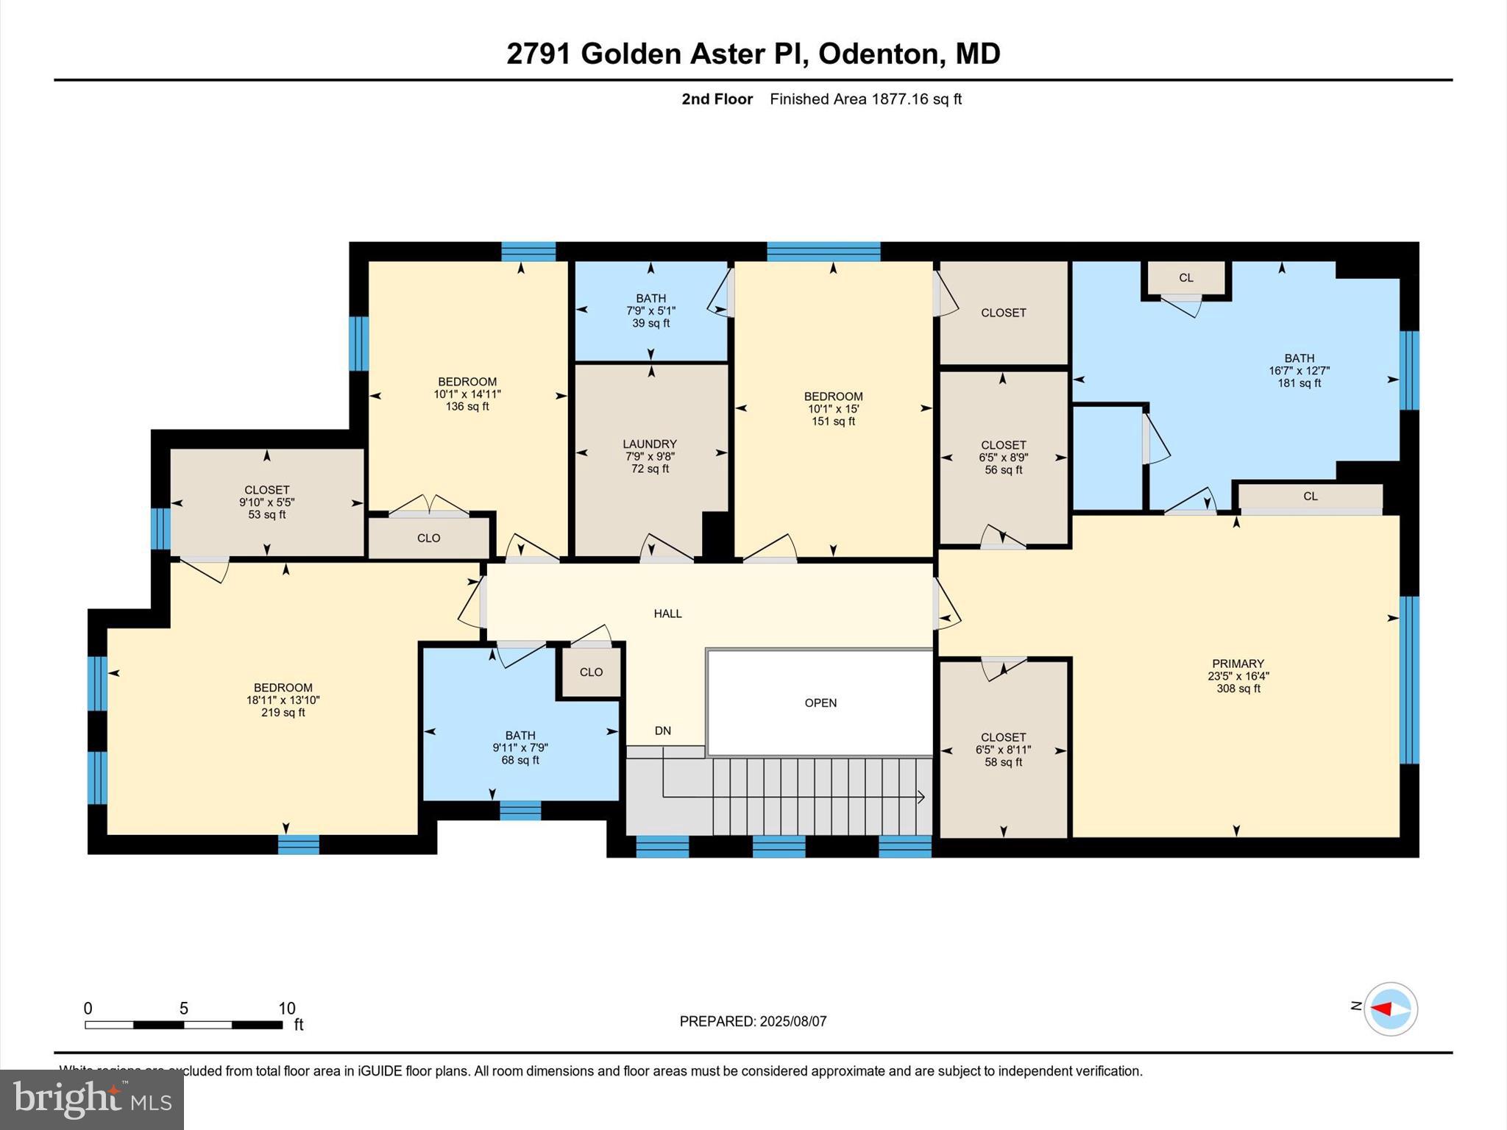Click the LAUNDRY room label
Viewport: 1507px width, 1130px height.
(649, 444)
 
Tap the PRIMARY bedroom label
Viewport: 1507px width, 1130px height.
(1238, 664)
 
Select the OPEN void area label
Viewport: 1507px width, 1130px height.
(820, 703)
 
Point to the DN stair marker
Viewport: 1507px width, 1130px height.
(662, 731)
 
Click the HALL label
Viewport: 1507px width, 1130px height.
(667, 614)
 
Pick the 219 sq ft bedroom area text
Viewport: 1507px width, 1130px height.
(283, 713)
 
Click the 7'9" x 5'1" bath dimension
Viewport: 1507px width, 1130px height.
(650, 310)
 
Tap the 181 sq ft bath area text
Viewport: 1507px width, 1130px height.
(1299, 383)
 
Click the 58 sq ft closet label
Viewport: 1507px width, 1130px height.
(1003, 762)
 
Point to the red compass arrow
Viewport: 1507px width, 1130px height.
(1383, 1009)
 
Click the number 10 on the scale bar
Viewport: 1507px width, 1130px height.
(286, 1008)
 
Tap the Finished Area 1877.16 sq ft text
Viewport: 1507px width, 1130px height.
(865, 99)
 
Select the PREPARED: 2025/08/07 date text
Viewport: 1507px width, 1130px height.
(753, 1021)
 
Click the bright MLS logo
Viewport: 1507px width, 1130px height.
(92, 1100)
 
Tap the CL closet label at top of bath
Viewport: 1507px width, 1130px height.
(1185, 278)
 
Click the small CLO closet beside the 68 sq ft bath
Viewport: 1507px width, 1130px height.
(591, 672)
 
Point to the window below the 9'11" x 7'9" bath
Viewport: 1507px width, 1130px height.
(520, 810)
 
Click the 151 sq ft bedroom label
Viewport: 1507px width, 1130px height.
(833, 422)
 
